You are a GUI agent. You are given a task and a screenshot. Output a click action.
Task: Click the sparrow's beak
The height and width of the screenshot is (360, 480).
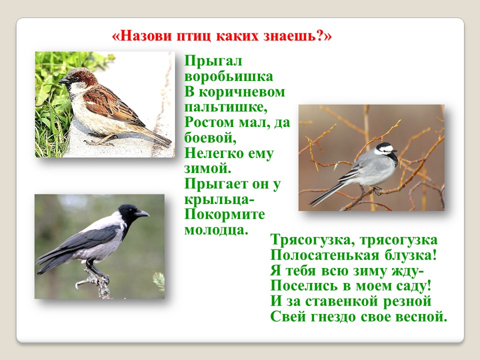[63, 81]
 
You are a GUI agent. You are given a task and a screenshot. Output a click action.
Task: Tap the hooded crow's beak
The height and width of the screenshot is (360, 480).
[142, 213]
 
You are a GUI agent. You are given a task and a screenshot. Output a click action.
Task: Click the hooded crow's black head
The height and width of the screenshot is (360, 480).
[128, 213]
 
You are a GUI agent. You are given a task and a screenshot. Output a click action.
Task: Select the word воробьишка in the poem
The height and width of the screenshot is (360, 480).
[228, 76]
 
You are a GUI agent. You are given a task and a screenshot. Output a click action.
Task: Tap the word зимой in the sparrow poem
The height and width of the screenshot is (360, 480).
[207, 168]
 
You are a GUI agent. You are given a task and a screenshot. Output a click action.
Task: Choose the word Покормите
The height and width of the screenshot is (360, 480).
[224, 214]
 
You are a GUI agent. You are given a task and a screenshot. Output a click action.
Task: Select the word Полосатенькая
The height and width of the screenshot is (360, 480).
[325, 255]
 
